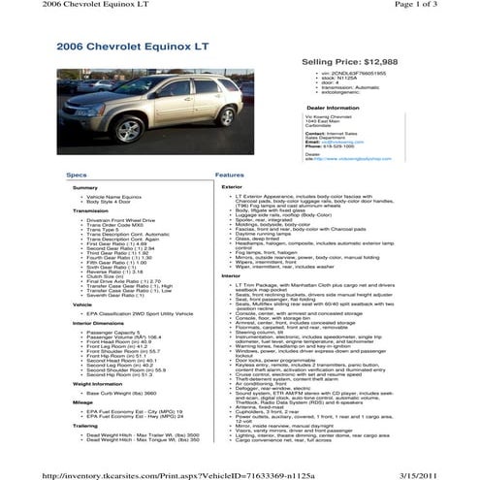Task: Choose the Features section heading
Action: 229,175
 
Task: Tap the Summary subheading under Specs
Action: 85,186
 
